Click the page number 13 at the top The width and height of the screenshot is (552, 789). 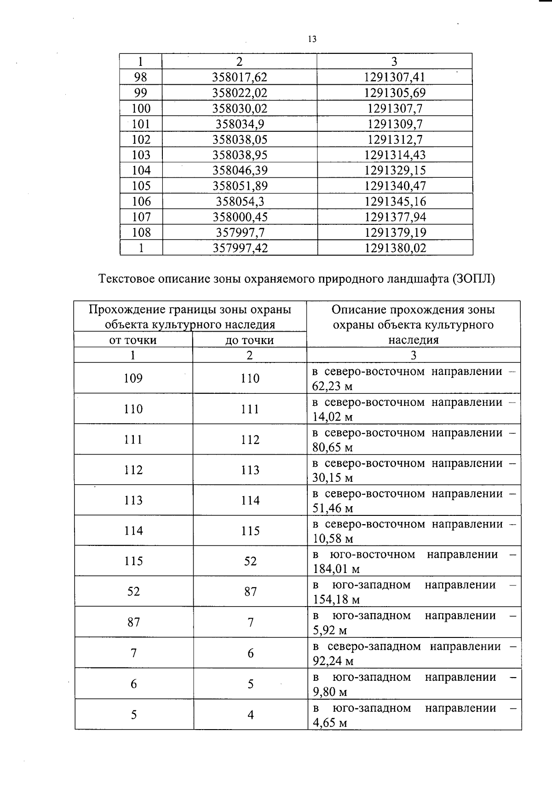pyautogui.click(x=312, y=39)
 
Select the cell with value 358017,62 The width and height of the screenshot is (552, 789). pyautogui.click(x=239, y=77)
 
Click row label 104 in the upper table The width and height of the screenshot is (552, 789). pyautogui.click(x=141, y=170)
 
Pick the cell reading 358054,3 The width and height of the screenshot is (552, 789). pyautogui.click(x=239, y=201)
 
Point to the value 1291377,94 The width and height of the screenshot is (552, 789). pyautogui.click(x=395, y=217)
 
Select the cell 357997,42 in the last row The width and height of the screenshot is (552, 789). pyautogui.click(x=240, y=248)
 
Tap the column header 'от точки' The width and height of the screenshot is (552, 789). pyautogui.click(x=132, y=340)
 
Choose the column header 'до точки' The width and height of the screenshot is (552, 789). pyautogui.click(x=249, y=340)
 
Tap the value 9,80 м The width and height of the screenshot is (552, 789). pyautogui.click(x=329, y=692)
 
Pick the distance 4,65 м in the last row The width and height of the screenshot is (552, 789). pyautogui.click(x=329, y=723)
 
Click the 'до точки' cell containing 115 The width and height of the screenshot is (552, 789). pyautogui.click(x=250, y=531)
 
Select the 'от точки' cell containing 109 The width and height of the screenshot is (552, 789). pyautogui.click(x=133, y=379)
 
